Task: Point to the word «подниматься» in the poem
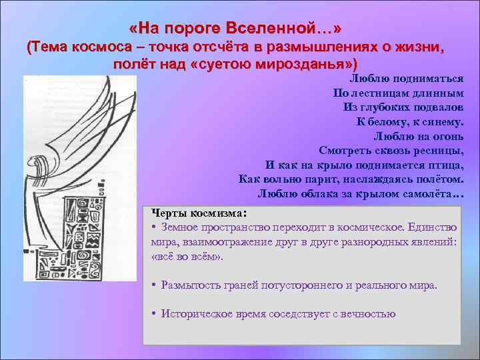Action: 429,79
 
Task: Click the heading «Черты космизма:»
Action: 199,213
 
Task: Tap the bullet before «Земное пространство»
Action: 154,228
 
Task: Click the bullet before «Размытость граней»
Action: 154,285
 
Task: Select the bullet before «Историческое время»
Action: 154,314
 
